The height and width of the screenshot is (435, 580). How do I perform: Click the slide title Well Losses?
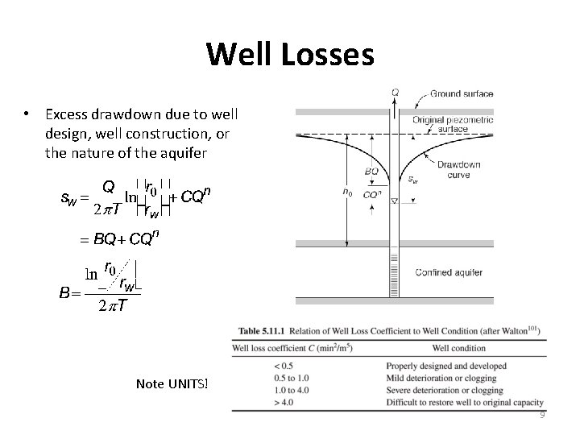pos(290,55)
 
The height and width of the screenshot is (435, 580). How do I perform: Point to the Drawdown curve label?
pos(457,169)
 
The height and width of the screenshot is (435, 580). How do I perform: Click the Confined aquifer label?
pos(449,273)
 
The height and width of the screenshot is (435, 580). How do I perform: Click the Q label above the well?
pos(395,93)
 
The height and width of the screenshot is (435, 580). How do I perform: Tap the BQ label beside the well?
pos(371,171)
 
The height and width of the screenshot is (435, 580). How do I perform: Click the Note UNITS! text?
pos(172,382)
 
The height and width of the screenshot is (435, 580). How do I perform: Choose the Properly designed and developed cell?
pos(458,367)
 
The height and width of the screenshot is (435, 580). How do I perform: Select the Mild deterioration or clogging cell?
pos(457,378)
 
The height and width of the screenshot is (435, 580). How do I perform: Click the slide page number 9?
pos(542,415)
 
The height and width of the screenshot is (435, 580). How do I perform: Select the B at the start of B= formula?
pos(64,292)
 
